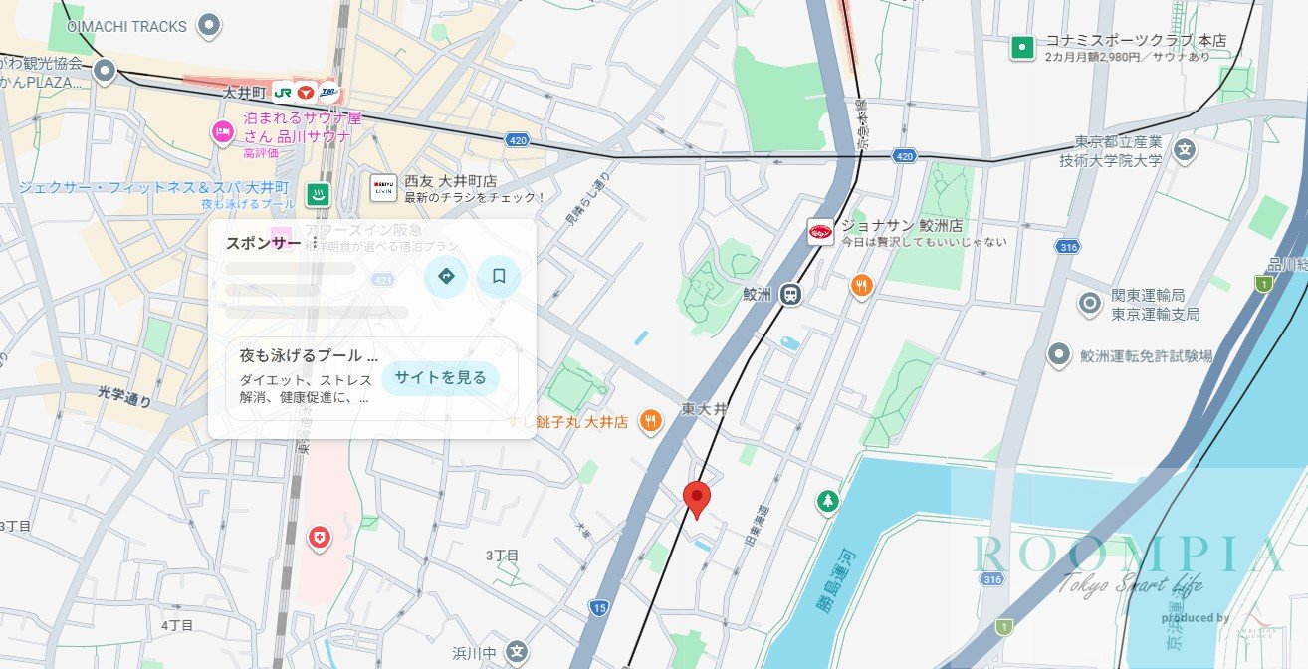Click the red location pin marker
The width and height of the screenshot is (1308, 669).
[x=698, y=497]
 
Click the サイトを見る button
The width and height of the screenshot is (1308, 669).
[x=440, y=377]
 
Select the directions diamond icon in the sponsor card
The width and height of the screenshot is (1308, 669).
[x=446, y=276]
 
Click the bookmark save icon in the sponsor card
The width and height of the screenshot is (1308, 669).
[x=499, y=276]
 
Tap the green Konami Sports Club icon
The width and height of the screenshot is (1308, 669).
[x=1021, y=47]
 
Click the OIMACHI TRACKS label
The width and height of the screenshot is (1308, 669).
[x=126, y=26]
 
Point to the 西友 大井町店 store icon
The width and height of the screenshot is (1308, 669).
[x=383, y=187]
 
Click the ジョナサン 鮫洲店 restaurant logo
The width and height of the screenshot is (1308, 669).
[x=820, y=232]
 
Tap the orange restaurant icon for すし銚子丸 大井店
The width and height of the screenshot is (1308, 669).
[x=650, y=421]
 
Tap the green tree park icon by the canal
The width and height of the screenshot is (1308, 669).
[x=827, y=501]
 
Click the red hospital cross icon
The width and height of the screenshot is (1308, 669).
[x=319, y=538]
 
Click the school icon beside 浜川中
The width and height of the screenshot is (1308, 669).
[x=515, y=652]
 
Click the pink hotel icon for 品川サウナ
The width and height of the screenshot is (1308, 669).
[x=222, y=130]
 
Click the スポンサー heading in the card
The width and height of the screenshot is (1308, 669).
[x=263, y=243]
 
